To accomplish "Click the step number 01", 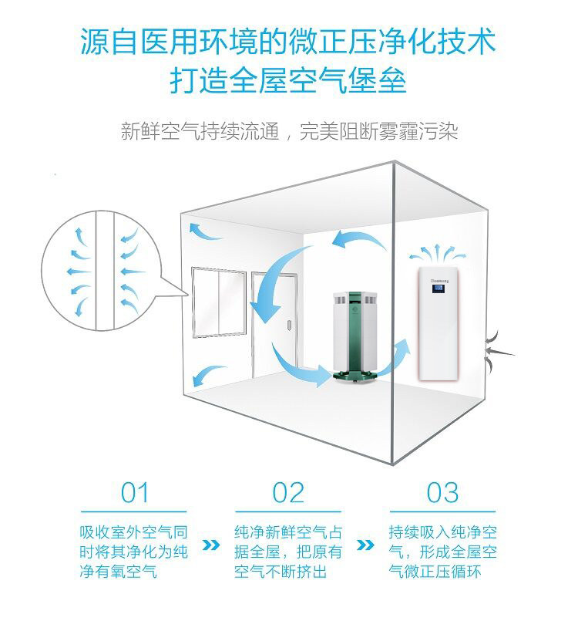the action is [x=134, y=491].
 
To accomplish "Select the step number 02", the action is [x=289, y=491].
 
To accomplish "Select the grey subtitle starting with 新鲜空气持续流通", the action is [x=289, y=131].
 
